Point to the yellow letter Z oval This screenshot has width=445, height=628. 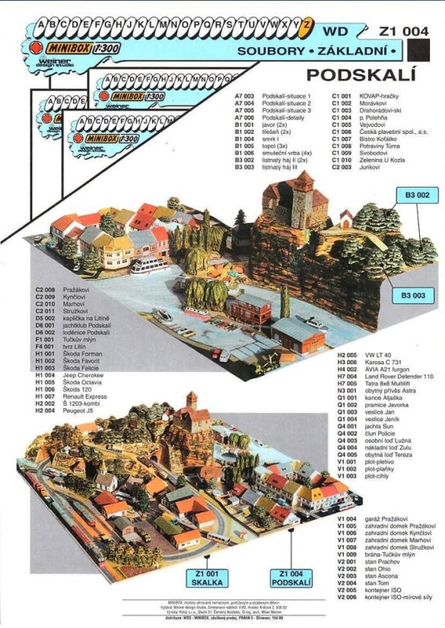(x=306, y=24)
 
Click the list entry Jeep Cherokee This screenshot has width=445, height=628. (x=84, y=376)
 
